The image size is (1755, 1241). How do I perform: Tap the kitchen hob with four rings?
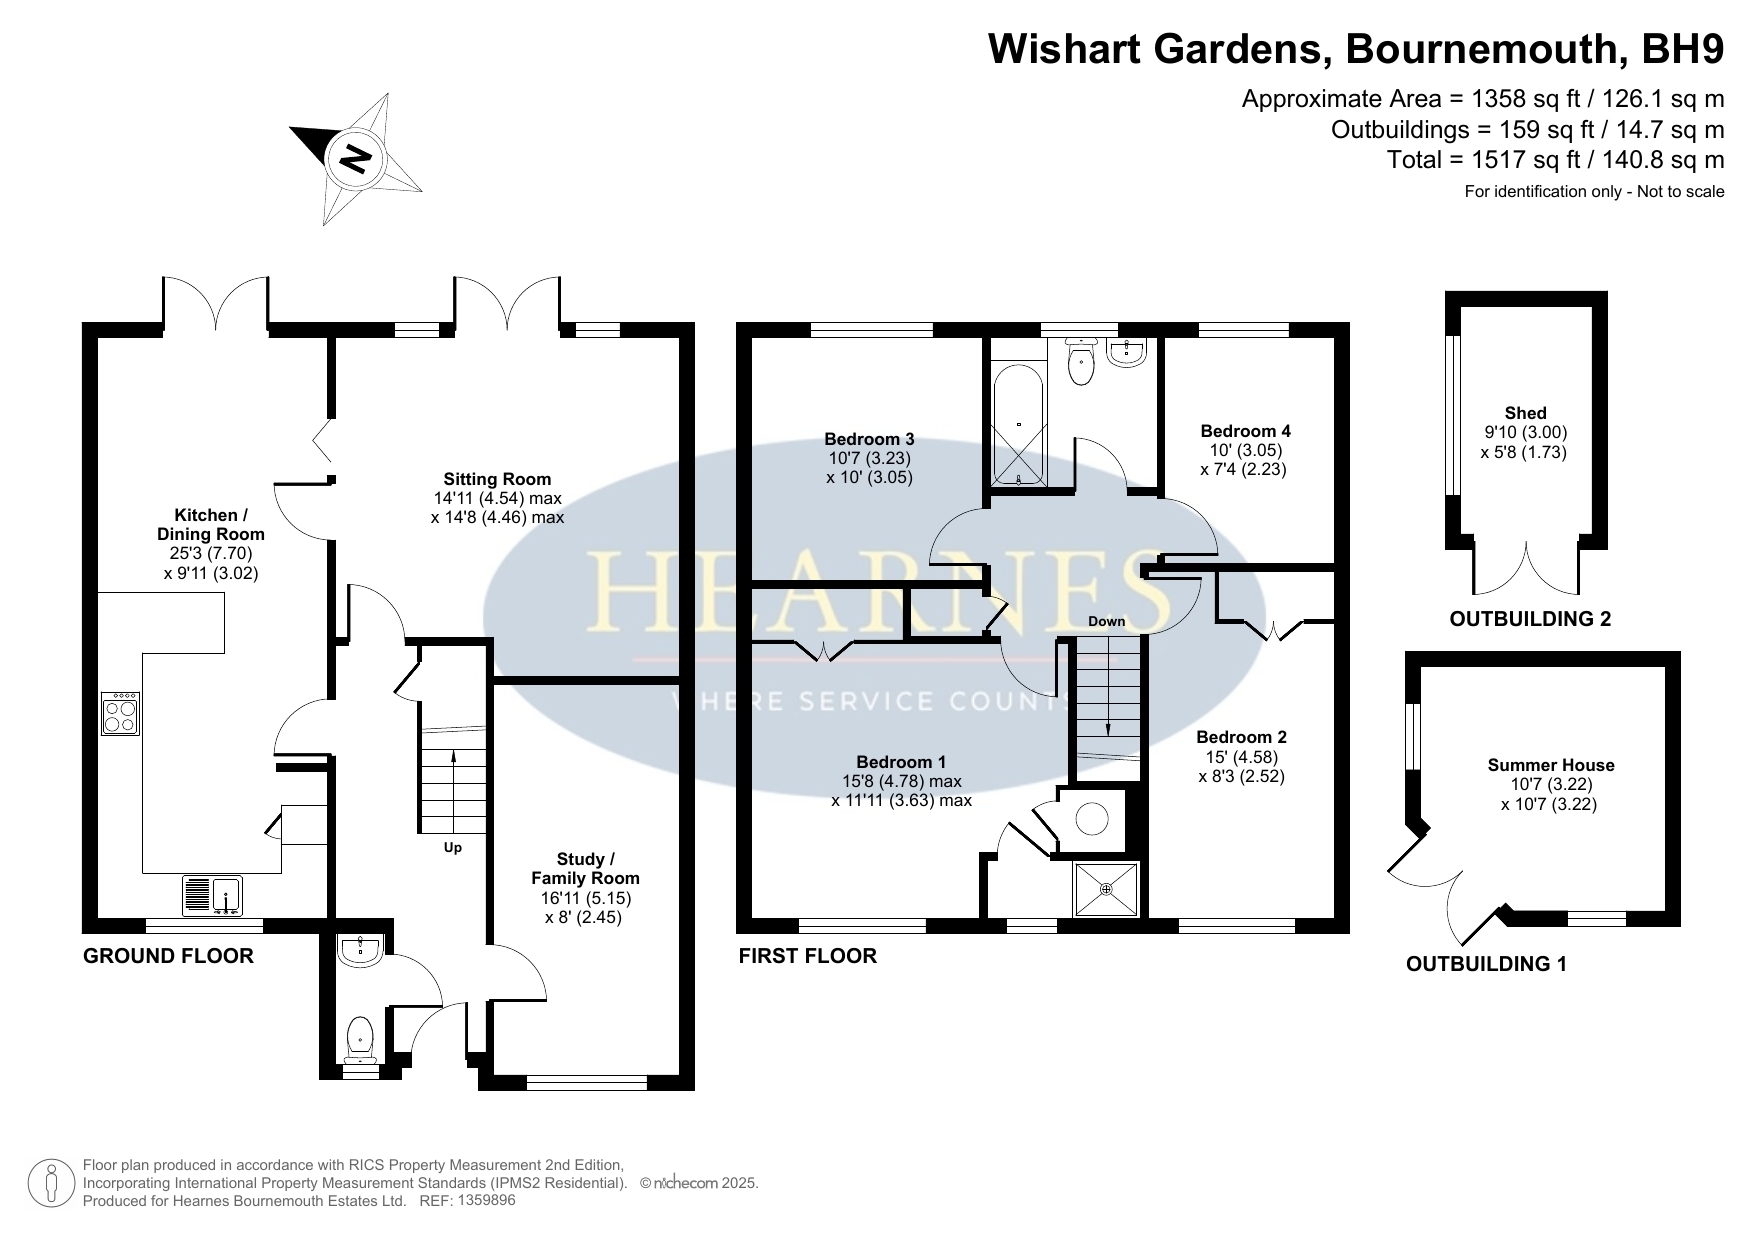(121, 714)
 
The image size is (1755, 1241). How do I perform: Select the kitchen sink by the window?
(212, 895)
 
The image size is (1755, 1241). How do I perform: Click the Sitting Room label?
(497, 479)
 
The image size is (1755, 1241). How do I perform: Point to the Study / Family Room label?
(585, 868)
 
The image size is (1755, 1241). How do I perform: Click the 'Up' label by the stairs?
(453, 848)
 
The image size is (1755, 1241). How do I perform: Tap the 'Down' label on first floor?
(1107, 621)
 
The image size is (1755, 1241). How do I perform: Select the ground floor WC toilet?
(359, 1039)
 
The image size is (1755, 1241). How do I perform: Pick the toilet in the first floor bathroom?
(1080, 361)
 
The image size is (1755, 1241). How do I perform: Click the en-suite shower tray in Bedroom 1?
(1106, 888)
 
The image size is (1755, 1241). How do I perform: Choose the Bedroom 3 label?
(869, 439)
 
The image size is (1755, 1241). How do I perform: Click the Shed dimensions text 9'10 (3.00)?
(1525, 432)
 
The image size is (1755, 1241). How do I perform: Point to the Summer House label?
(1551, 765)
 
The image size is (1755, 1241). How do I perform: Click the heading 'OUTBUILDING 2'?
(1530, 619)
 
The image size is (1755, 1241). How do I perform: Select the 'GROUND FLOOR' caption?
(168, 956)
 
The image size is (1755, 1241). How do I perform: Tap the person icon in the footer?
(52, 1183)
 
